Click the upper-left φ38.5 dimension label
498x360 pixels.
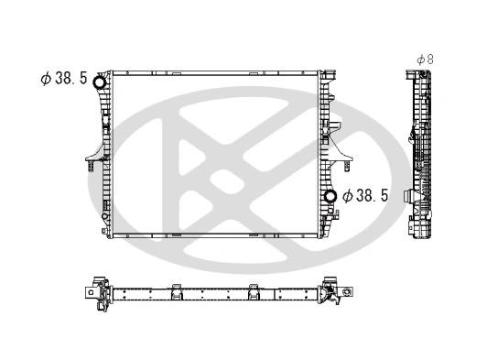[x=63, y=79]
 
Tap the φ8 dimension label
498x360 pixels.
[x=424, y=59]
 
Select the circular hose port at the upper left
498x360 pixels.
[x=99, y=81]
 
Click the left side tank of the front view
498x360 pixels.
[x=105, y=156]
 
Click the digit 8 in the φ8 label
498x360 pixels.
[x=429, y=59]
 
